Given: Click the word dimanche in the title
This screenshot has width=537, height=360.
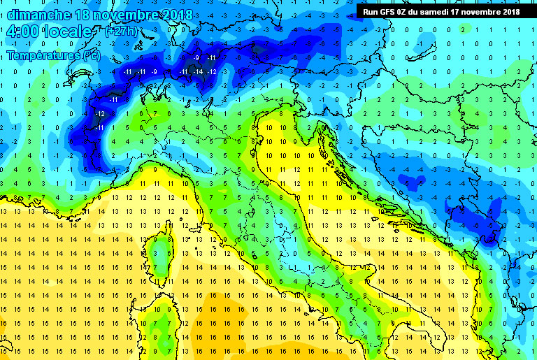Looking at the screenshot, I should tap(35, 14).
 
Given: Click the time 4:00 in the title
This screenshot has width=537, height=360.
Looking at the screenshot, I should tap(20, 32).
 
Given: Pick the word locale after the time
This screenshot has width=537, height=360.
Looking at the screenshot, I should tap(67, 32).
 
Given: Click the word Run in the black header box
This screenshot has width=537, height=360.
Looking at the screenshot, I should tap(370, 12).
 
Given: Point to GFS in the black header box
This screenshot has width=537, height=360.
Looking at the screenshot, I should tap(388, 12).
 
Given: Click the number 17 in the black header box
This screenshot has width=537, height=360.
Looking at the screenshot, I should tap(467, 12).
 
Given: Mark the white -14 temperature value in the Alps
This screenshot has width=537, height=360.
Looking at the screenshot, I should tap(199, 72).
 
